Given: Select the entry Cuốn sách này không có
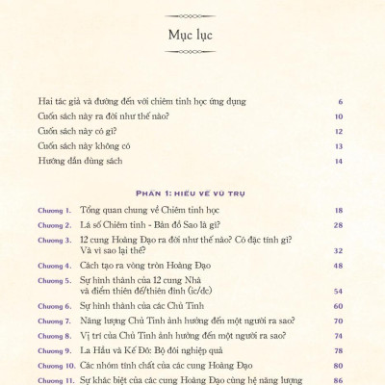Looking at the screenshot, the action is [x=87, y=145].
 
